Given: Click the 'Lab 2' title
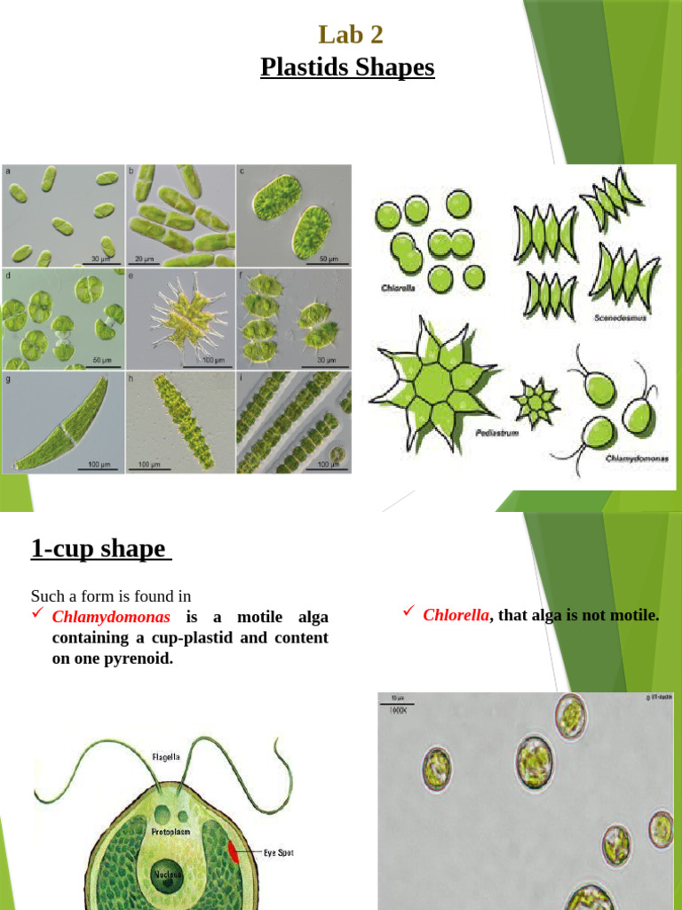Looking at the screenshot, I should [x=351, y=35].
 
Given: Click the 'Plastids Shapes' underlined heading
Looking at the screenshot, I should [x=347, y=67].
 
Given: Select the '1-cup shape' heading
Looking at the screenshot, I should [x=99, y=548].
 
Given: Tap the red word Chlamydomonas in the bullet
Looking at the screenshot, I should [x=111, y=617].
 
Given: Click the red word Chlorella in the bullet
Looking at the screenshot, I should [x=456, y=614].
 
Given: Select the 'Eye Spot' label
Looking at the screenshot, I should [x=278, y=853].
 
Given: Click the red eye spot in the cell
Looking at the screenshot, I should [x=234, y=852].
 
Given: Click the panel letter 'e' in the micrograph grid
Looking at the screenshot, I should [x=131, y=276].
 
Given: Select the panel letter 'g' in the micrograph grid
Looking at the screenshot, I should [x=8, y=379].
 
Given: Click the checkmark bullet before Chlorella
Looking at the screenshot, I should [x=408, y=611].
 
